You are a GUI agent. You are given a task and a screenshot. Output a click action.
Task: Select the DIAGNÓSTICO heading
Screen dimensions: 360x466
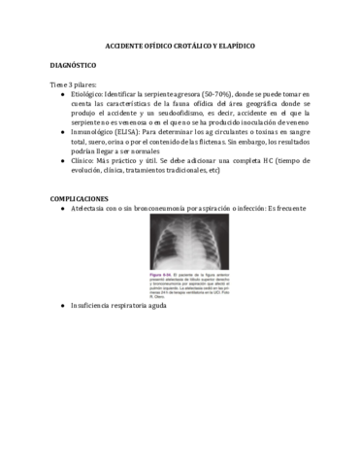click(x=73, y=65)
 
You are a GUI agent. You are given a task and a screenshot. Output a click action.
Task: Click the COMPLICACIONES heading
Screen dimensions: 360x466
click(x=80, y=198)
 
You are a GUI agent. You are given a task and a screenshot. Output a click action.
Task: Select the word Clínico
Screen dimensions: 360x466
click(x=82, y=161)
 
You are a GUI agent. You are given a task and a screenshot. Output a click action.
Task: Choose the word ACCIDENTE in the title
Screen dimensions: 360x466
click(x=125, y=46)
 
